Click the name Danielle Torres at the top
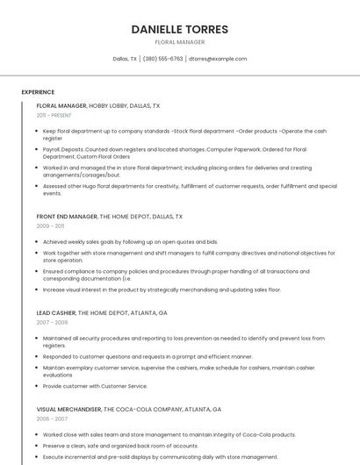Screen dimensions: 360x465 tap(179, 29)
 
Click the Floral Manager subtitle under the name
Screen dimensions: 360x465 tap(179, 42)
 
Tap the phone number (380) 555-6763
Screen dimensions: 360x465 tap(162, 59)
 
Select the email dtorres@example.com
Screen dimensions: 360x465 tap(218, 59)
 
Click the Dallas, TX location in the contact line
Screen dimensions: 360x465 tap(125, 59)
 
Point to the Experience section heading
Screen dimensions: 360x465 tap(38, 92)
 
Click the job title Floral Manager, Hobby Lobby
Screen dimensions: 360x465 tap(98, 105)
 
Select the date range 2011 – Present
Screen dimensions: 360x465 tap(54, 115)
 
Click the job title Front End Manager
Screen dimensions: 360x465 tap(67, 216)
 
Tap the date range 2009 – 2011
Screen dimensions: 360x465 tap(50, 225)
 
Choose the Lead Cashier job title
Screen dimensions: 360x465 tap(56, 312)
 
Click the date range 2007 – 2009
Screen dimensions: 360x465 tap(51, 322)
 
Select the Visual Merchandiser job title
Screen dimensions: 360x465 tap(69, 409)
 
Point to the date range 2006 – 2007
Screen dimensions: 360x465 tap(51, 418)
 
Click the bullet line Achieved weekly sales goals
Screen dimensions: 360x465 tap(130, 241)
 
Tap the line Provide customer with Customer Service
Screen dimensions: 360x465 tap(95, 386)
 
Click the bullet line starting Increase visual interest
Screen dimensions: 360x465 tap(162, 290)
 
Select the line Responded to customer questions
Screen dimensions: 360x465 tap(148, 356)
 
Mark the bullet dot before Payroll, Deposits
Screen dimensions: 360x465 tap(37, 150)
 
